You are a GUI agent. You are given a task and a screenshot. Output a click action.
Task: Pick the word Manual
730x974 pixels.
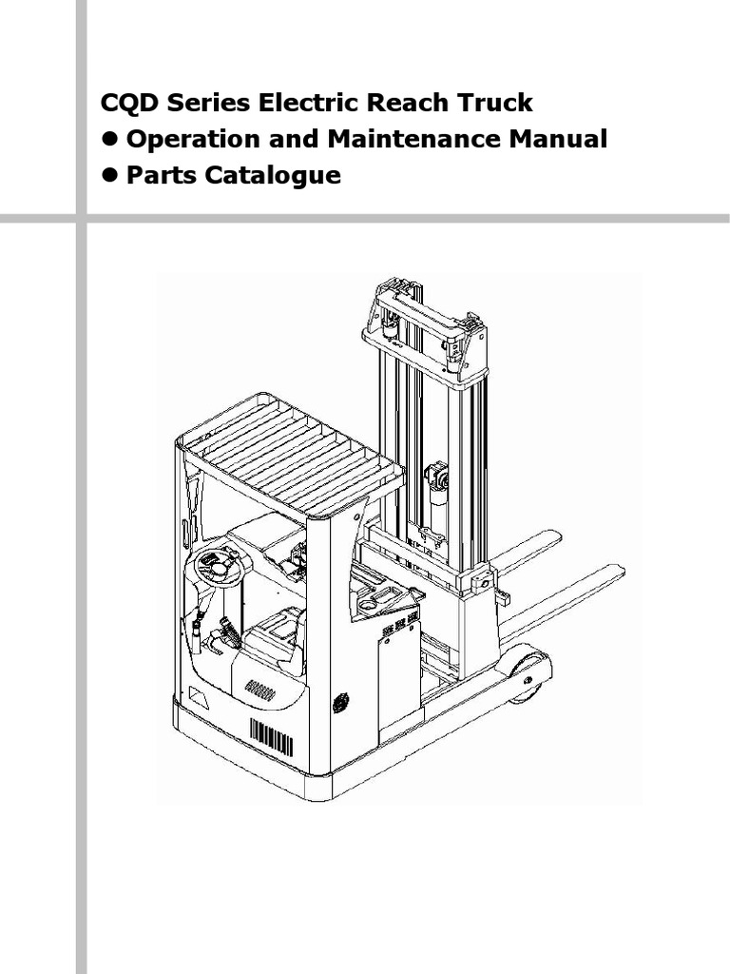point(558,140)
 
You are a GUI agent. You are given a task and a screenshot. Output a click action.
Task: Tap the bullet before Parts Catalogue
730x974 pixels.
point(110,176)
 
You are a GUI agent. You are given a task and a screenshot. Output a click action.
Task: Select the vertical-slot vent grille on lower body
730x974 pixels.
point(271,736)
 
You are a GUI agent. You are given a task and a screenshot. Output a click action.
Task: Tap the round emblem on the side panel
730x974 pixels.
point(340,702)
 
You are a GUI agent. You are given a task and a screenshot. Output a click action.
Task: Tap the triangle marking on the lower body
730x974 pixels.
point(197,698)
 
